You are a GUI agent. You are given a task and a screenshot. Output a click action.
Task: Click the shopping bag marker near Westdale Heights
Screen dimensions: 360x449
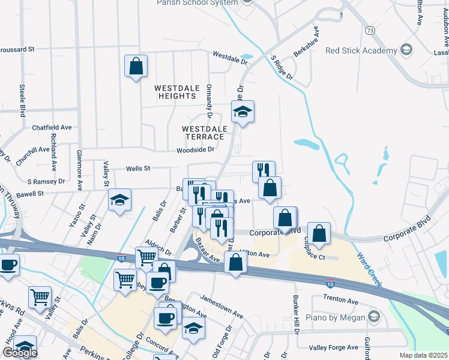tap(136, 66)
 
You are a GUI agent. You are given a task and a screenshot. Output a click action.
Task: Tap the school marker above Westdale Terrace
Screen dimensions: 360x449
tap(243, 112)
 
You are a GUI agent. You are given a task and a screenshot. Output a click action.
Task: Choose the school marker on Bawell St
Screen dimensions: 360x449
tap(119, 200)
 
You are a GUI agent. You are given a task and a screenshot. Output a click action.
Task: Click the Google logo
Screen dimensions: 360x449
tap(20, 353)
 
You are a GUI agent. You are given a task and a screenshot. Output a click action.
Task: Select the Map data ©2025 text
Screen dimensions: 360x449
tap(423, 355)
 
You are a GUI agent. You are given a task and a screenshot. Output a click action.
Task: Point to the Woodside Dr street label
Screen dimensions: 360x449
tap(195, 149)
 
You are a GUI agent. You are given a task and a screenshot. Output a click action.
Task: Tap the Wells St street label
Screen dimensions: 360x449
tap(137, 169)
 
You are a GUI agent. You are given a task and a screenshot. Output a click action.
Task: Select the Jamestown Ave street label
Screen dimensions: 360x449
tap(222, 305)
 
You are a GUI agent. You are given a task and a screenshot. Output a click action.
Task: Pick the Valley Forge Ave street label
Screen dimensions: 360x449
tap(333, 348)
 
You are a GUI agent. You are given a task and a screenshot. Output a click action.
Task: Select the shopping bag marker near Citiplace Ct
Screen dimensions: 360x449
tap(319, 233)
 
